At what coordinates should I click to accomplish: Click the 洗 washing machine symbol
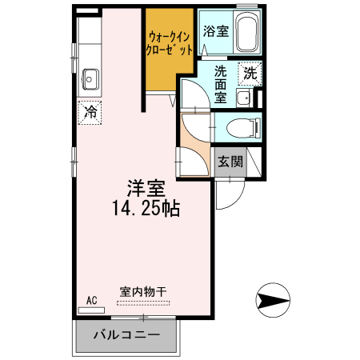point(250,73)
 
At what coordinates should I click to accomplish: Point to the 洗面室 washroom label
point(220,82)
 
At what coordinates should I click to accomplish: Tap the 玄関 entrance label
point(230,161)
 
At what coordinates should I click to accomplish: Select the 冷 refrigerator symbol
point(90,112)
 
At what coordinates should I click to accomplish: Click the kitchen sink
point(90,79)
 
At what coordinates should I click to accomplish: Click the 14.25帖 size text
point(145,210)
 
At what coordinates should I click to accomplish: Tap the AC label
point(91,300)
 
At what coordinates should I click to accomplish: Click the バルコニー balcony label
point(126,334)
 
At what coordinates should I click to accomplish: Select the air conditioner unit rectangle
point(91,308)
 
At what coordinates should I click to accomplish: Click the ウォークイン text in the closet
point(170,36)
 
